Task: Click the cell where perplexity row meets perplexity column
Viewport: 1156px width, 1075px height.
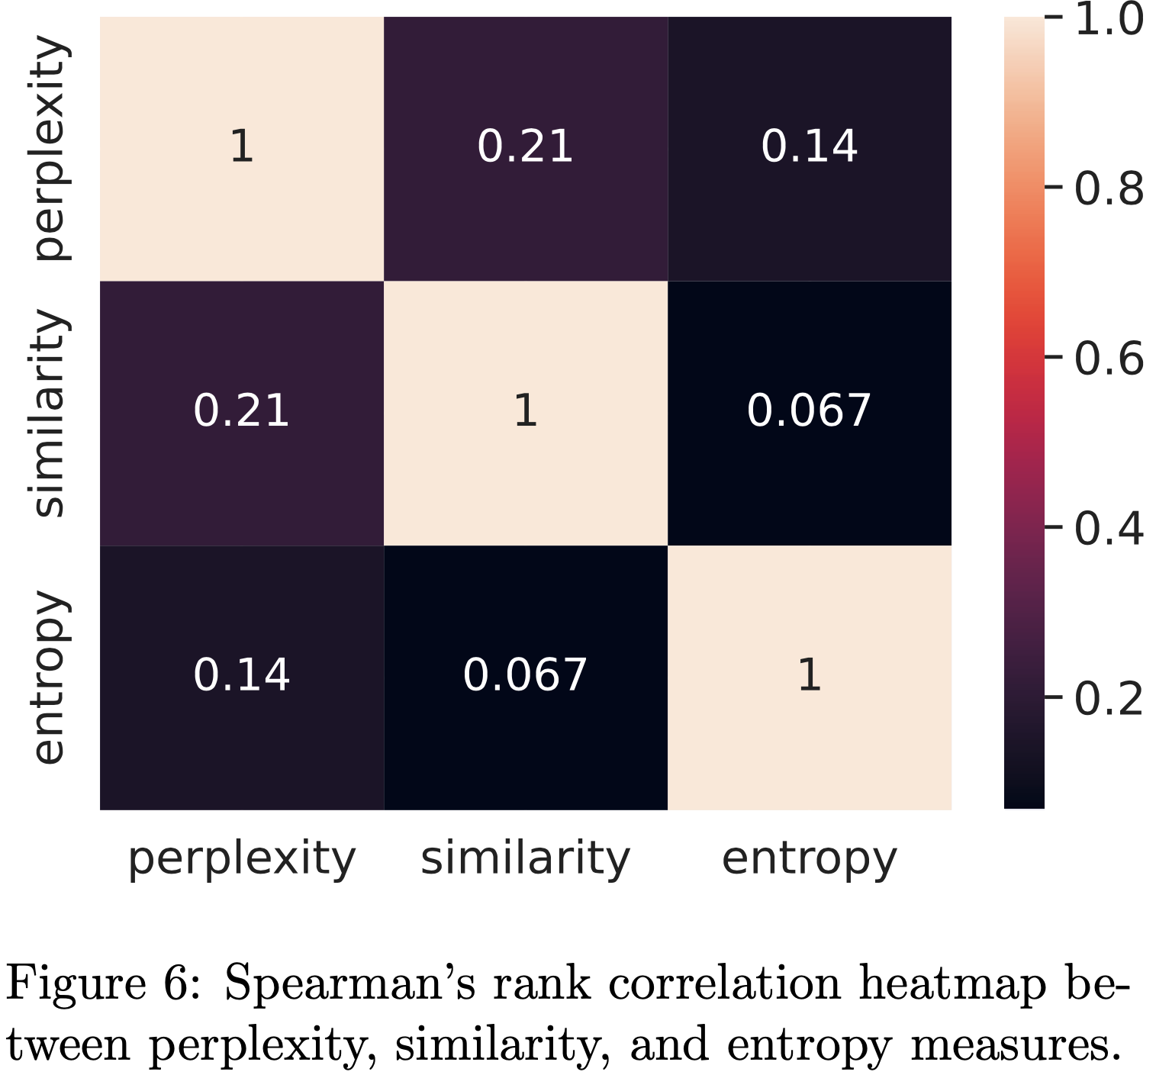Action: (x=241, y=148)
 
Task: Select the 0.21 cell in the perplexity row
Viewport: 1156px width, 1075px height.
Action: (x=525, y=148)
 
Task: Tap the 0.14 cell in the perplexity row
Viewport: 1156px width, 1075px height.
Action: (x=809, y=148)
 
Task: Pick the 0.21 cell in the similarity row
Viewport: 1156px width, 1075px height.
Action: (x=241, y=412)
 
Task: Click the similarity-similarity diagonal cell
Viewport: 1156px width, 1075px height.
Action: (x=525, y=412)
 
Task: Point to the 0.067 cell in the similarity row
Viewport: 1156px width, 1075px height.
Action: (x=809, y=412)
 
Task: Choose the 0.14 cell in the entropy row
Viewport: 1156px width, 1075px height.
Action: (x=241, y=677)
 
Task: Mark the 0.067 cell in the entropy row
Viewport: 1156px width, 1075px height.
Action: (x=525, y=677)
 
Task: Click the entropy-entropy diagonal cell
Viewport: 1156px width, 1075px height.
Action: (x=809, y=677)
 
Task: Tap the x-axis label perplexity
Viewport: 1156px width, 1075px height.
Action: (x=241, y=861)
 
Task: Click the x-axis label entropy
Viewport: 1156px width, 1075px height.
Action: (x=809, y=861)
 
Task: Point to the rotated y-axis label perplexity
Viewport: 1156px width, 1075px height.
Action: (x=52, y=149)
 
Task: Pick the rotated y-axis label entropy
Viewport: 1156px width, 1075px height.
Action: (x=52, y=677)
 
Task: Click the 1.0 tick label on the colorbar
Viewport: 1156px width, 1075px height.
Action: (x=1109, y=19)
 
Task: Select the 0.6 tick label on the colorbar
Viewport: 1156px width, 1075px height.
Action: (x=1109, y=358)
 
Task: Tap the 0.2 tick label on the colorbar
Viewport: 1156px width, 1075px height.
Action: (x=1109, y=697)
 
